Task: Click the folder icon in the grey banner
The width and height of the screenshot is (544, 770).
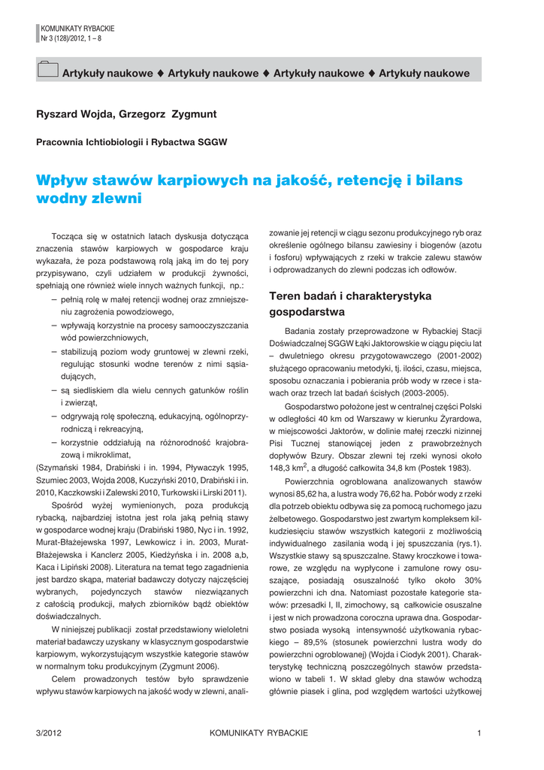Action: point(47,70)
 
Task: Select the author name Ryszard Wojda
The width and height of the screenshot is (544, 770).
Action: point(74,114)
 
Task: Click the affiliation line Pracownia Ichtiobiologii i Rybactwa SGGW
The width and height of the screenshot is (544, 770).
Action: point(131,141)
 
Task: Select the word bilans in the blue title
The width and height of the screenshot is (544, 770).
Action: point(438,180)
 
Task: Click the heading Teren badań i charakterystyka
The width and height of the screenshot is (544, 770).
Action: point(350,296)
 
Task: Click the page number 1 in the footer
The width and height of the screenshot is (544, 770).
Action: point(479,733)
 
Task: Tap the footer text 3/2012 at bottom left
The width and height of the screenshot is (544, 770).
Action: point(49,733)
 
